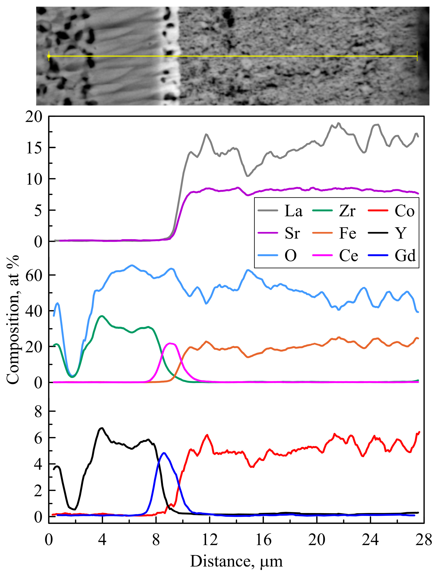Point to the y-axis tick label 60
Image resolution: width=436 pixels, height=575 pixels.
(x=34, y=275)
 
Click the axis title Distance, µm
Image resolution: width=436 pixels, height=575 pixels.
(x=236, y=561)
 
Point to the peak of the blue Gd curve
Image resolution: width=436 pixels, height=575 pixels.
(x=164, y=453)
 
